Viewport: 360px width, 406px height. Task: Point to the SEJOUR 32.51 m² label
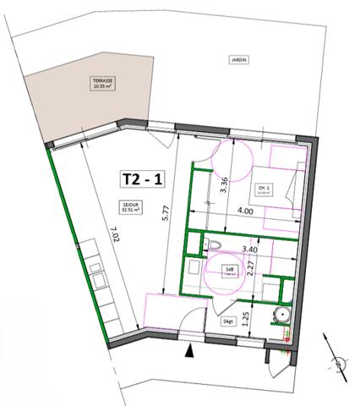click(129, 207)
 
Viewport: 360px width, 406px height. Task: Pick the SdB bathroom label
click(229, 272)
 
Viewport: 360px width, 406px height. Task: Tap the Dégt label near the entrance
click(227, 321)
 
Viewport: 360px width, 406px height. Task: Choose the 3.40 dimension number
click(249, 250)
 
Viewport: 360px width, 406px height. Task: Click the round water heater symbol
click(283, 315)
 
